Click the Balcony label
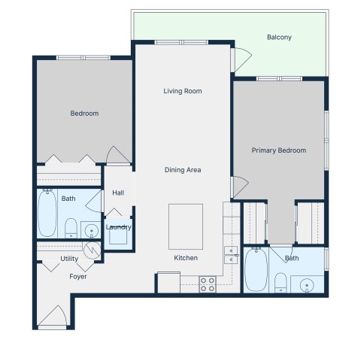click(279, 38)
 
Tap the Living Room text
click(183, 91)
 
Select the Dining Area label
click(183, 170)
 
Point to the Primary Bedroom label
click(279, 150)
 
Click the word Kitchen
click(186, 258)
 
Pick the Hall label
click(118, 193)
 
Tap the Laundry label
click(118, 227)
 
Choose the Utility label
click(69, 259)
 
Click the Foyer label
click(78, 277)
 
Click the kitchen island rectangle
click(186, 226)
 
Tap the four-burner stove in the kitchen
click(208, 284)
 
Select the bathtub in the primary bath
click(256, 270)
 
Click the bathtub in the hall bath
click(47, 213)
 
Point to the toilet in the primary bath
click(281, 283)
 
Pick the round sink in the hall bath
click(91, 230)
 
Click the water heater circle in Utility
click(92, 250)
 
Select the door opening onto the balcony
click(243, 60)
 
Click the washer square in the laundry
click(118, 235)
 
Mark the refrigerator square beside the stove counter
click(168, 282)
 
